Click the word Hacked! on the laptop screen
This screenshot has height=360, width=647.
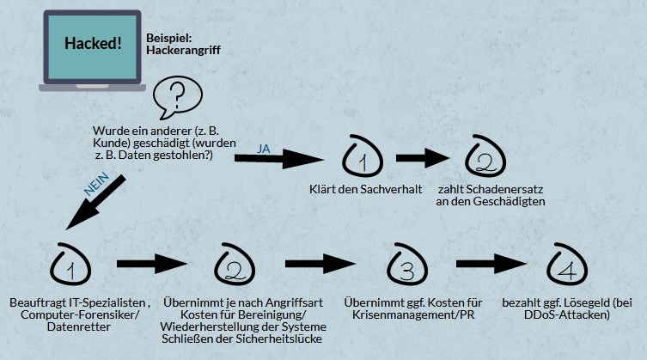pos(93,43)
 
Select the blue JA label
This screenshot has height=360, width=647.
pos(263,149)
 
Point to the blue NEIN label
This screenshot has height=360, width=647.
pos(96,183)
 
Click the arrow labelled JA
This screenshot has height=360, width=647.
pos(279,159)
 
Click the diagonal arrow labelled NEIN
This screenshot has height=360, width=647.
pos(95,202)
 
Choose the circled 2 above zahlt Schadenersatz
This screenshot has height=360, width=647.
pos(485,156)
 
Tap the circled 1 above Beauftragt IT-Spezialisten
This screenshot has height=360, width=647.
pos(70,265)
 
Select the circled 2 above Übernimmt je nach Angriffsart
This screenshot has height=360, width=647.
pos(235,265)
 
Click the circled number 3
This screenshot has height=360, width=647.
pos(407,265)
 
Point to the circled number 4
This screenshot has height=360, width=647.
pos(567,265)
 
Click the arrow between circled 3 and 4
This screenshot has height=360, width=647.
pos(491,264)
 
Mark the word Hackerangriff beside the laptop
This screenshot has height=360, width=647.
pos(183,51)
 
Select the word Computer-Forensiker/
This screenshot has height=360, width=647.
pos(81,314)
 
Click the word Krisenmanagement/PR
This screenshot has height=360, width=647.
pos(413,314)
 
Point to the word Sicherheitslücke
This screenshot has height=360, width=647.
pos(279,339)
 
